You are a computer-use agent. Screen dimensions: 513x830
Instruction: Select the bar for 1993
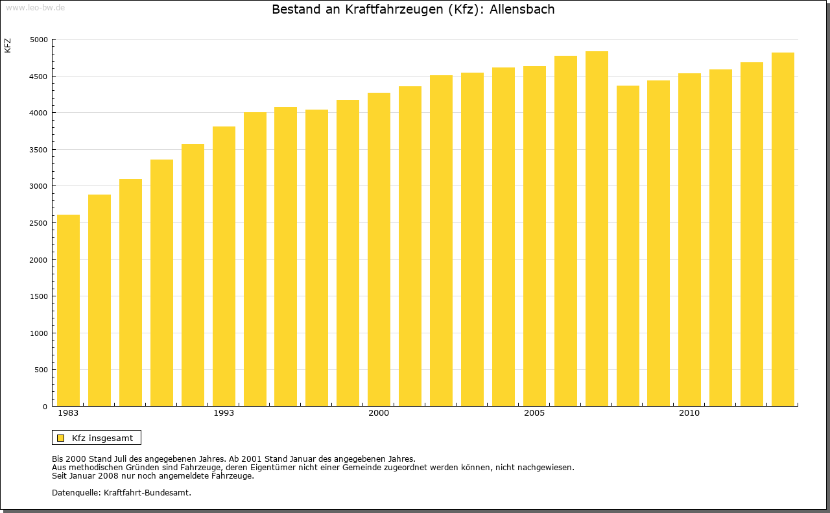pyautogui.click(x=224, y=266)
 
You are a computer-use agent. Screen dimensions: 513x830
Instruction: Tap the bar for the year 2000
pyautogui.click(x=379, y=249)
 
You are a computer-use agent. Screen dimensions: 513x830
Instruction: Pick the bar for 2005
pyautogui.click(x=534, y=236)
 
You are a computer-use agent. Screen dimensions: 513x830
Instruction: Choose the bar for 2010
pyautogui.click(x=689, y=239)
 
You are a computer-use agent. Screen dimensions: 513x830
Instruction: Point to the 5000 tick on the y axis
pyautogui.click(x=39, y=40)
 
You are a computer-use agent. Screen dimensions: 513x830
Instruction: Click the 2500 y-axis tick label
pyautogui.click(x=39, y=223)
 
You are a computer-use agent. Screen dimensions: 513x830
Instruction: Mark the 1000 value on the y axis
pyautogui.click(x=39, y=333)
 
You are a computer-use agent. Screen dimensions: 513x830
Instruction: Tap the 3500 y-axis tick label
pyautogui.click(x=39, y=150)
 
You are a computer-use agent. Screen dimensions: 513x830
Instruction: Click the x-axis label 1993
pyautogui.click(x=224, y=413)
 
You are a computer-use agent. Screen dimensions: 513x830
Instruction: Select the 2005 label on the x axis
pyautogui.click(x=534, y=413)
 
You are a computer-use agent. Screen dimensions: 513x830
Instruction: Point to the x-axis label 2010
pyautogui.click(x=689, y=413)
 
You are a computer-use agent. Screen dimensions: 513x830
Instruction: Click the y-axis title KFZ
pyautogui.click(x=8, y=45)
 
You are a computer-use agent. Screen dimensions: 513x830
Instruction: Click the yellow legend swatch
pyautogui.click(x=61, y=438)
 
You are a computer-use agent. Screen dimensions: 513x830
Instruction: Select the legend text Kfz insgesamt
pyautogui.click(x=102, y=438)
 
